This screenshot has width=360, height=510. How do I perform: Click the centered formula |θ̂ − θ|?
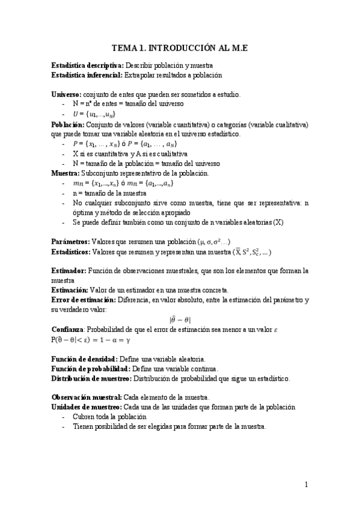click(x=180, y=320)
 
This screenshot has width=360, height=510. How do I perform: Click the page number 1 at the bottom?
click(x=307, y=485)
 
